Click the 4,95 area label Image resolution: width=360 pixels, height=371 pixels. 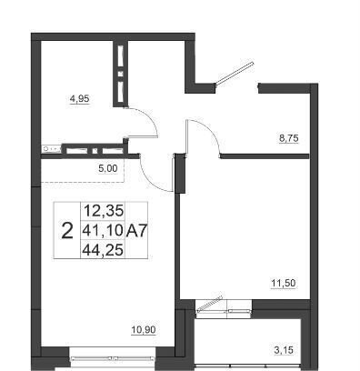point(80,99)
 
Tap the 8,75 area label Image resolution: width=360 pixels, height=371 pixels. point(288,138)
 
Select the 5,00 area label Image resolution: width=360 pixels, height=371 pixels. point(108,168)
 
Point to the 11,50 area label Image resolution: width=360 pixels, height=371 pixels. point(283,284)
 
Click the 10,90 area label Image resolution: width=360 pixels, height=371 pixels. point(144,329)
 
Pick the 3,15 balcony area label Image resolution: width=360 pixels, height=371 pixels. point(284,351)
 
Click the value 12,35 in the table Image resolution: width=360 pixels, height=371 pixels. point(104,211)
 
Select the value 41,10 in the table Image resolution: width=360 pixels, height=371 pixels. point(104,231)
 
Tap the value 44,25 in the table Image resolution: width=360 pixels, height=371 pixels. point(104,250)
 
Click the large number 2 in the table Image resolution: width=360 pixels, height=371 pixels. point(67,231)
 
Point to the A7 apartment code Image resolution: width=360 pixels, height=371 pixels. point(136,231)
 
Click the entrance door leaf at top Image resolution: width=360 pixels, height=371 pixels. point(234,73)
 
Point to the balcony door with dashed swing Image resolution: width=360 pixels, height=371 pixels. point(210,303)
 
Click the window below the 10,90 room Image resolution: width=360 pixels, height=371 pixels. point(113,358)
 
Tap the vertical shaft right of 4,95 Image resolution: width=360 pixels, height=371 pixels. point(121,74)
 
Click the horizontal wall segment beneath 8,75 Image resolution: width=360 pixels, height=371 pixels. point(265,156)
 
